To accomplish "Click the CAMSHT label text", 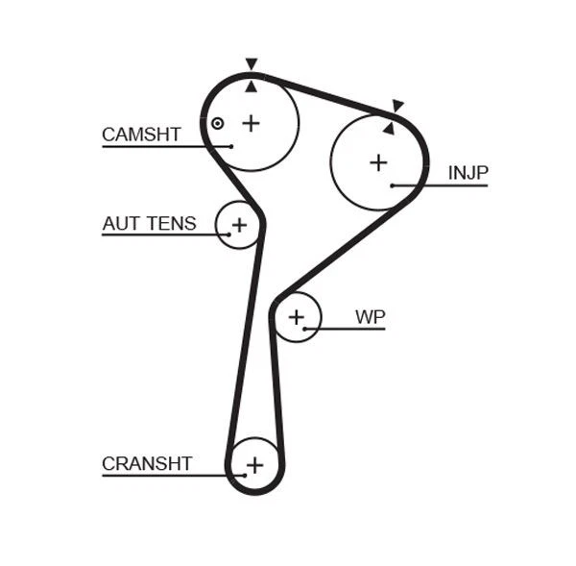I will pos(141,135).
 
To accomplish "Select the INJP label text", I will pos(468,173).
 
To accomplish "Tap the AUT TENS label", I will pos(149,224).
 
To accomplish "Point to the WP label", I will pos(370,316).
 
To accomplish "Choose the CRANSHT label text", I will pos(147,464).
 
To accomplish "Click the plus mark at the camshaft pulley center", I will pos(251,123).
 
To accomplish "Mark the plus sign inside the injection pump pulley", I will pos(378,162).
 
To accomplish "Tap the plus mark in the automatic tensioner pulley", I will pos(239,225).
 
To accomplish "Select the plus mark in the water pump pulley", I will pos(297,316).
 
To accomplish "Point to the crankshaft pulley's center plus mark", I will pos(254,466).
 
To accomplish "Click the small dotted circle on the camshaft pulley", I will pos(218,123).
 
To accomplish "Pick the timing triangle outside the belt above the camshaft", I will pos(252,64).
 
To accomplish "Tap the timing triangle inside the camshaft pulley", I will pos(252,86).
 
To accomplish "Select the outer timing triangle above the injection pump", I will pos(397,106).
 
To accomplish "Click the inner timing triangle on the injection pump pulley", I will pos(389,127).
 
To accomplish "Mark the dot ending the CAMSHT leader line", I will pos(231,146).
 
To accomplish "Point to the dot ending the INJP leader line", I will pos(393,185).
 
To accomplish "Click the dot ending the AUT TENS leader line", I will pos(228,234).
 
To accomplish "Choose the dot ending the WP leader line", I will pos(305,329).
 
